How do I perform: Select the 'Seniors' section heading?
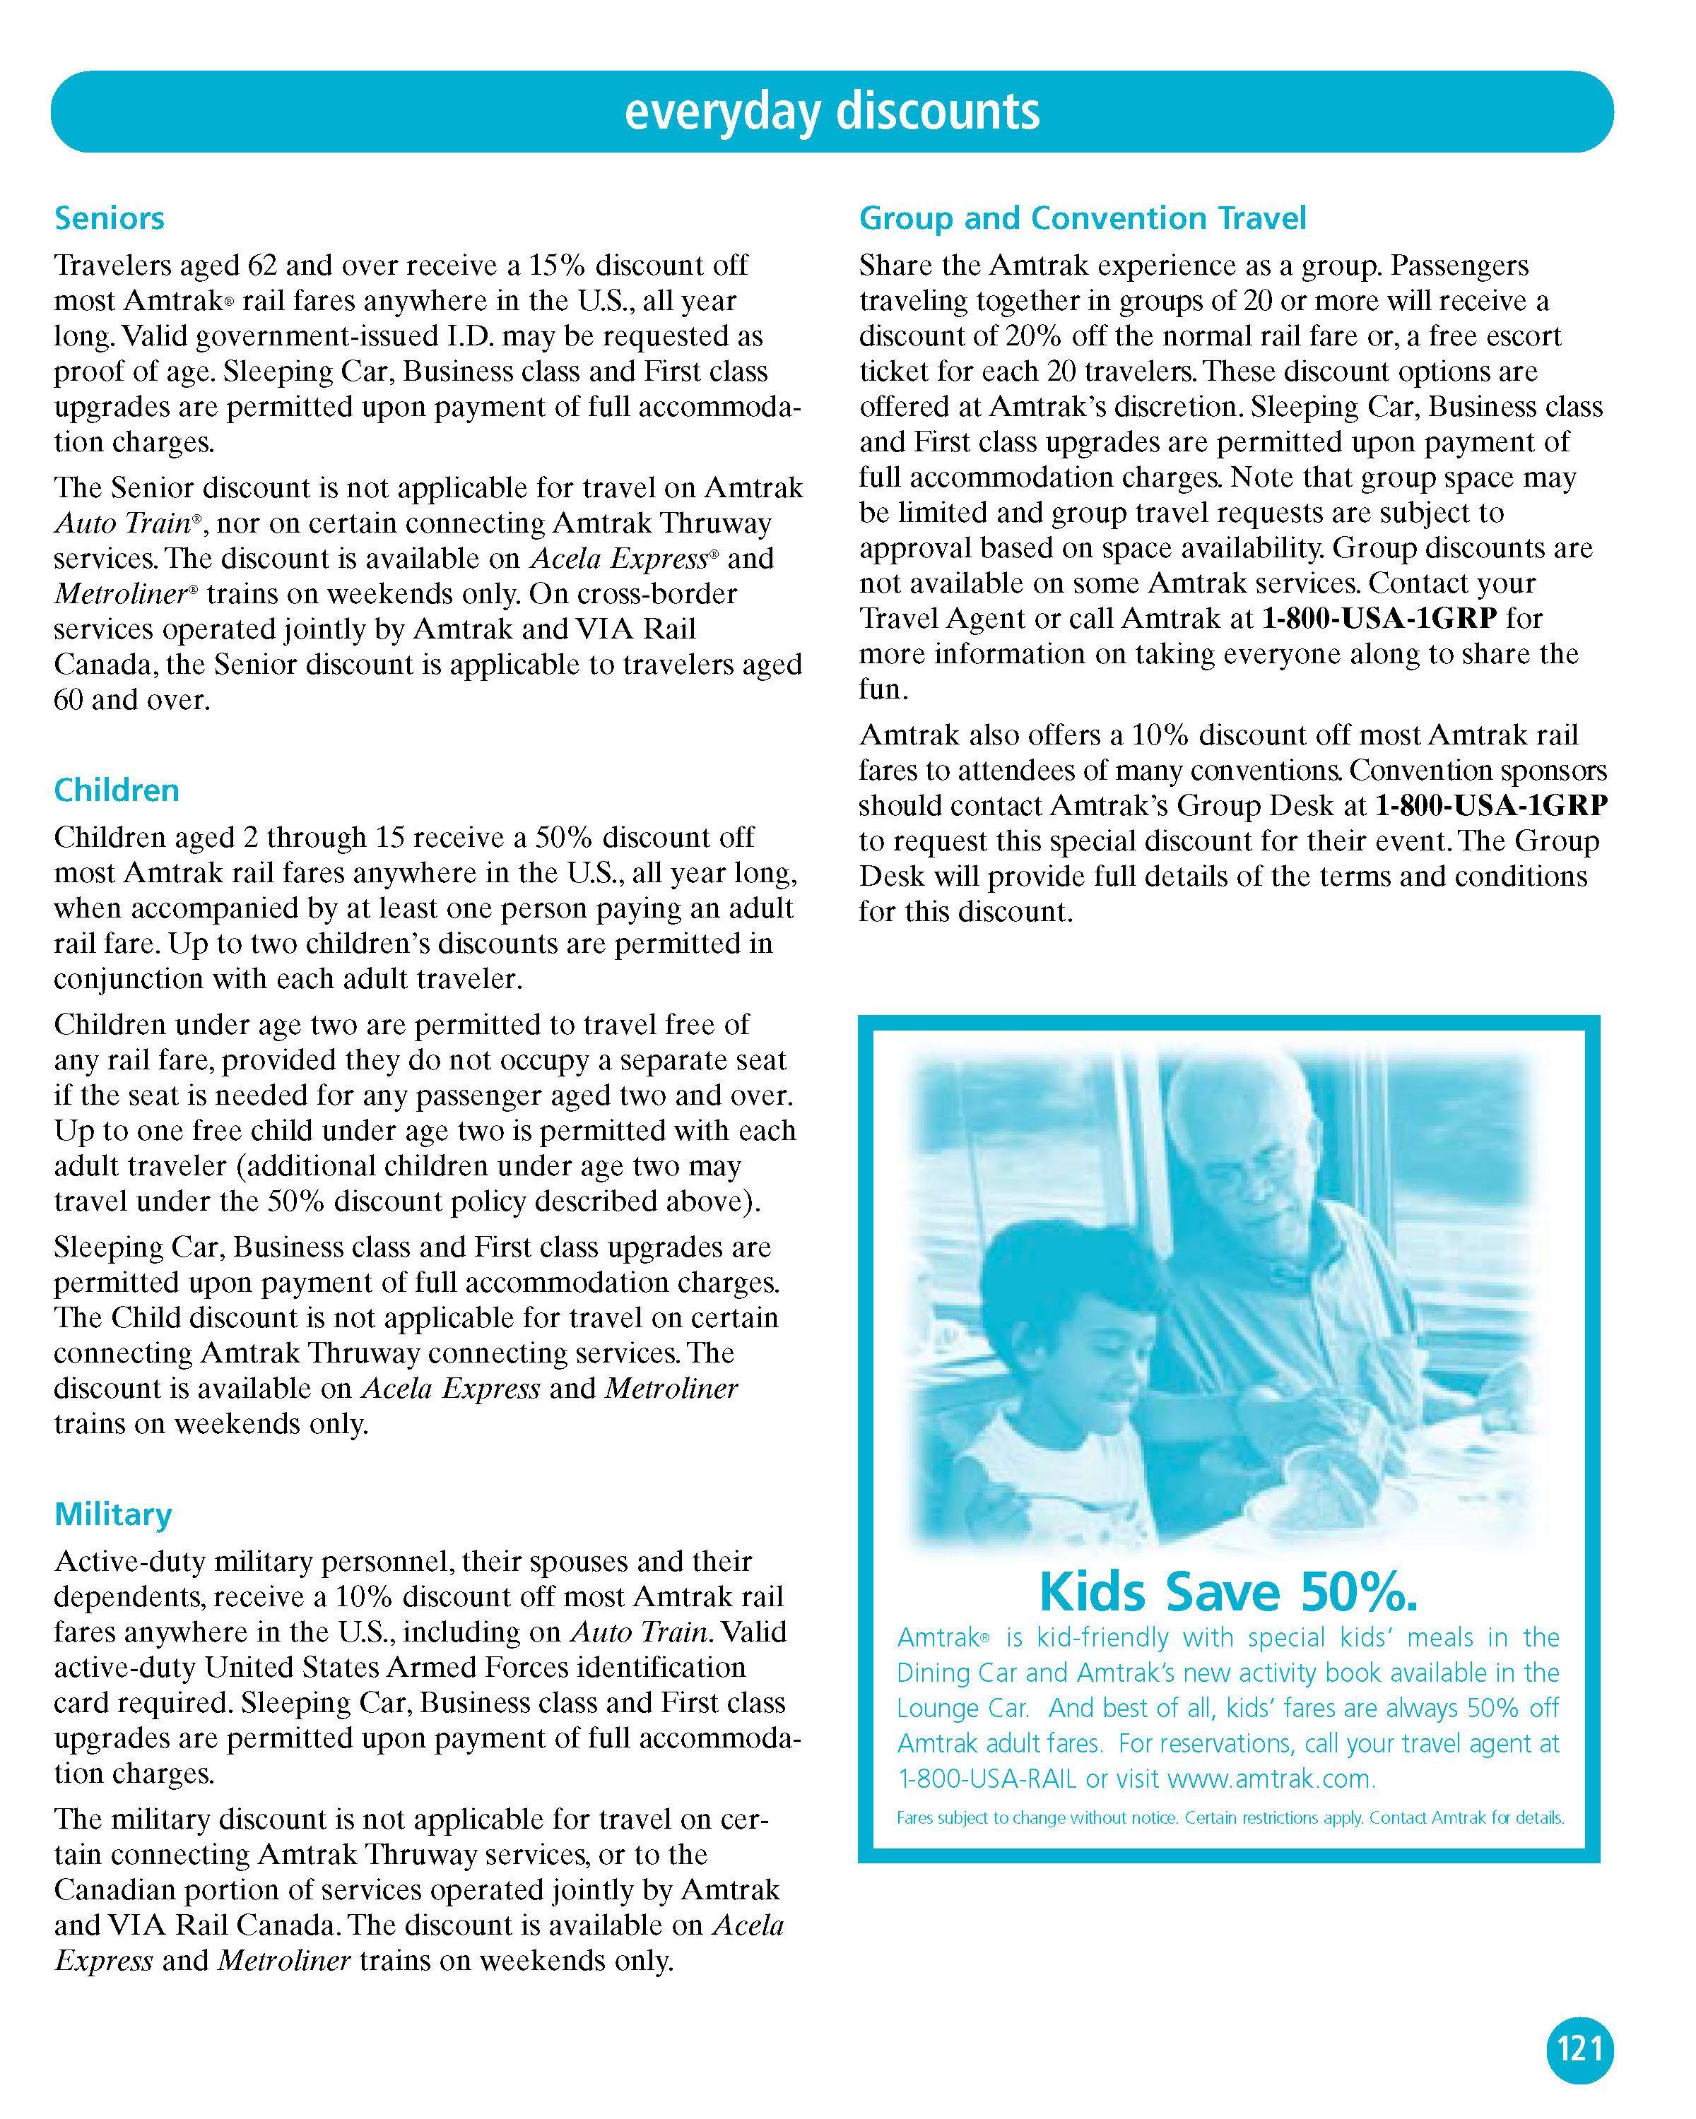109,218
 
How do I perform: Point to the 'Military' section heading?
113,1514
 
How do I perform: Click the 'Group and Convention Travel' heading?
1083,218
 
